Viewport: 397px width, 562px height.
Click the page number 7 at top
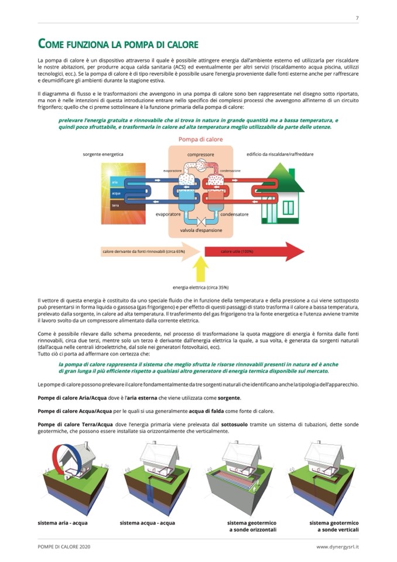(357, 18)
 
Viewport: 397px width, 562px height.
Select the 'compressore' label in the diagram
(200, 155)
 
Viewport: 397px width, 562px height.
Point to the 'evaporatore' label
(168, 214)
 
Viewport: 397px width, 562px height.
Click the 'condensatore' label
(234, 214)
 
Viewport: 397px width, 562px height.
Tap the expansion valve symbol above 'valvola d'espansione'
(201, 222)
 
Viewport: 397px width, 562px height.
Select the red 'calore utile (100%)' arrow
(252, 252)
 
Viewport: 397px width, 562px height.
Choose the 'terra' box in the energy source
(115, 205)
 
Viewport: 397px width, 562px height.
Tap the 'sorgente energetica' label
(103, 154)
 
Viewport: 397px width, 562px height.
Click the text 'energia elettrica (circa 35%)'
(200, 288)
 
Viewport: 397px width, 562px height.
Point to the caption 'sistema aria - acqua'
(62, 522)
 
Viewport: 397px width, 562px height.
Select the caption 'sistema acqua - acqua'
(147, 522)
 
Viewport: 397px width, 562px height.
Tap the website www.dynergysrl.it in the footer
(337, 547)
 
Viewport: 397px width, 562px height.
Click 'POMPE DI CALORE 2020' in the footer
(63, 547)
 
